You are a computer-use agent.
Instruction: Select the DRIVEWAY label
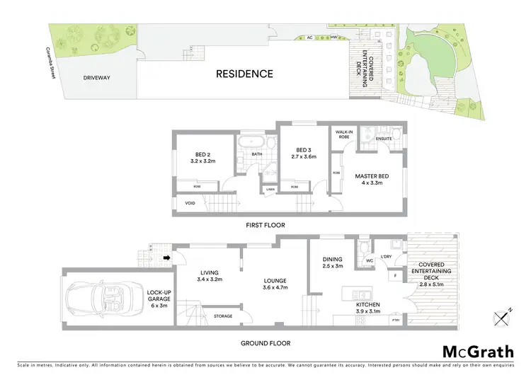click(96, 78)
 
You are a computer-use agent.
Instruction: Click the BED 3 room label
click(304, 150)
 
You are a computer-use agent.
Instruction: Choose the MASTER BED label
click(368, 178)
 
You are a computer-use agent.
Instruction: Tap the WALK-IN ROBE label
click(344, 133)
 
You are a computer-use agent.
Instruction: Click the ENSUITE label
click(384, 139)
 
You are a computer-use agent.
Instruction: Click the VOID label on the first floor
click(189, 203)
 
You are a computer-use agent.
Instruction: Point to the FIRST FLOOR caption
click(265, 225)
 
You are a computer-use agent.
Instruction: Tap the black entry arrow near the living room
click(167, 258)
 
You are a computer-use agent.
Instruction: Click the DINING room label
click(332, 260)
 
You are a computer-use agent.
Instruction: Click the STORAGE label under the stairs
click(222, 316)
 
